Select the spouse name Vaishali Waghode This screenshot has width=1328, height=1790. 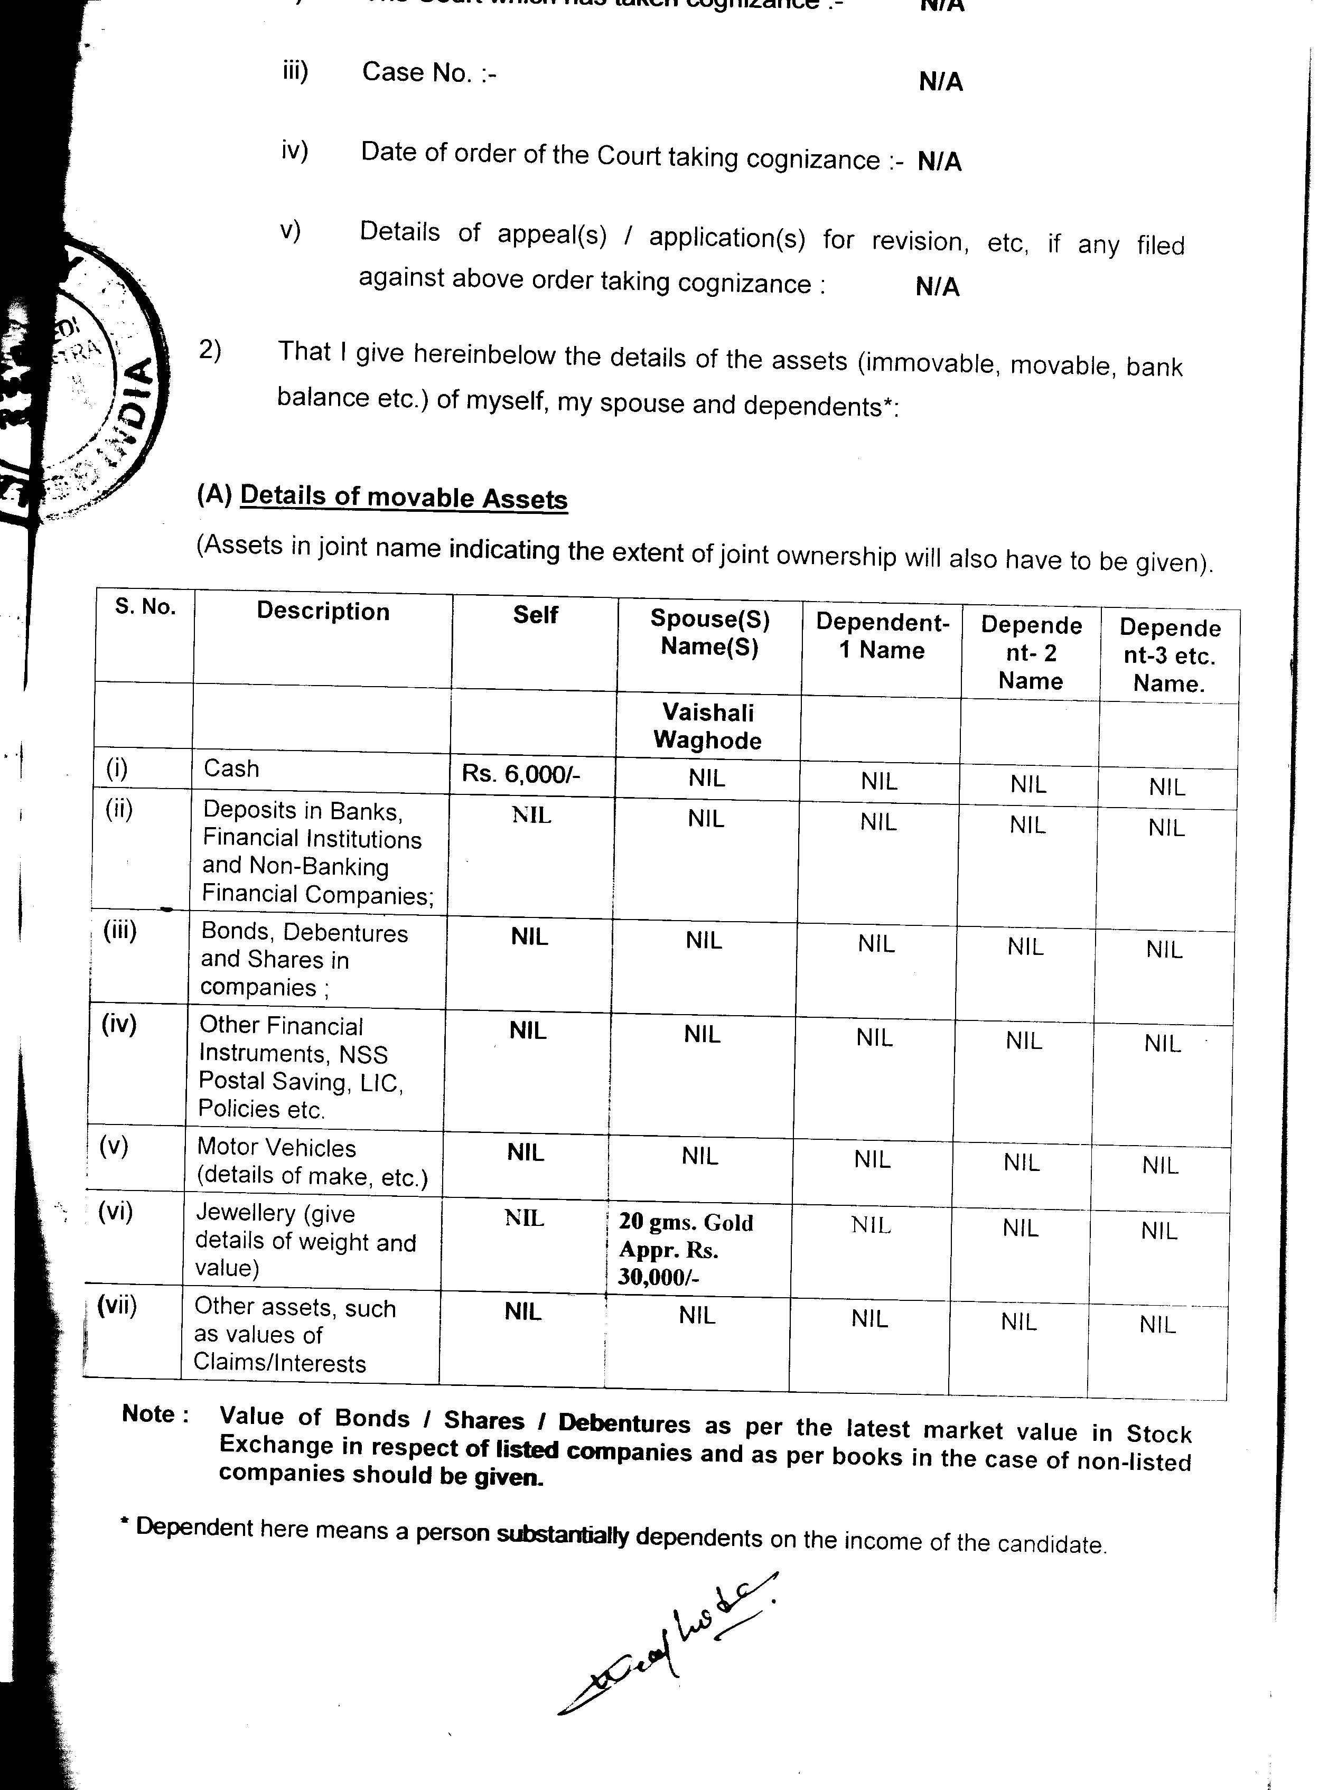tap(707, 726)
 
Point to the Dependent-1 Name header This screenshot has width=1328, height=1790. tap(882, 636)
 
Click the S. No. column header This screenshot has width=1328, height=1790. tap(145, 607)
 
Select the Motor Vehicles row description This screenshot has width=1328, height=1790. tap(312, 1161)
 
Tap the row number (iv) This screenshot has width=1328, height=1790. tap(119, 1024)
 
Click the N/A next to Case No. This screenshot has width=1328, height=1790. tap(940, 82)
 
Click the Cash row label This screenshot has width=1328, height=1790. tap(231, 769)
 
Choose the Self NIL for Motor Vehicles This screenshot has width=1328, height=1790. tap(526, 1152)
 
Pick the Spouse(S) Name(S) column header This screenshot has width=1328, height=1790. tap(709, 633)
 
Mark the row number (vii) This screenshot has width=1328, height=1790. tap(117, 1305)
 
